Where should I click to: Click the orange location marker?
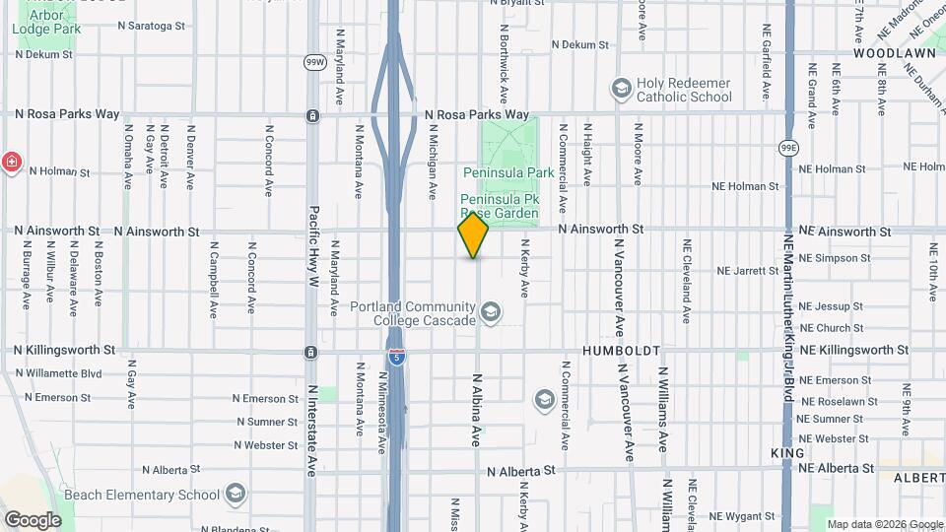click(x=474, y=235)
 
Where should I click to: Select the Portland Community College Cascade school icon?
click(x=490, y=313)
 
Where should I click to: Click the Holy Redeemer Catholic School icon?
click(x=621, y=90)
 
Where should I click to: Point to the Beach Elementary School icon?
click(x=235, y=494)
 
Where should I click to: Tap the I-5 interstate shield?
click(x=395, y=357)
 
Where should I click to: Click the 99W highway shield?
click(x=314, y=62)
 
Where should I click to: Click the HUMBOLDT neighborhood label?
click(x=620, y=351)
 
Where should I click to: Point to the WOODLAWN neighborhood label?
click(x=887, y=52)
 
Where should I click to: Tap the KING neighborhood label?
click(x=787, y=453)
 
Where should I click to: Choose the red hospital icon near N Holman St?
click(x=11, y=163)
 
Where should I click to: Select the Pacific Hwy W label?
click(x=313, y=246)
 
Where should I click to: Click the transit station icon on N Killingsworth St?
click(x=311, y=352)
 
